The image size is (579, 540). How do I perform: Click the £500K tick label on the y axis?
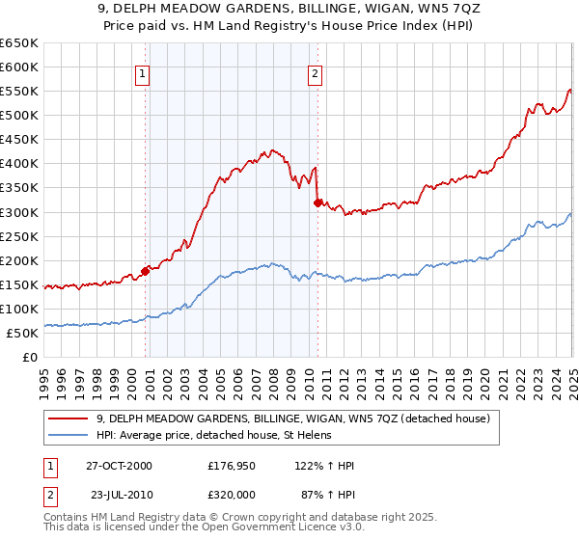coord(18,116)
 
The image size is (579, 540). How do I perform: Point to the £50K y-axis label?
coord(22,333)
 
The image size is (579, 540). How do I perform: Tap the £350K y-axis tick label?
coord(18,188)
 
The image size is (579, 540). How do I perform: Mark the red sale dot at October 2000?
coord(146,271)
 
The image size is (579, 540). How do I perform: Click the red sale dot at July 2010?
coord(317,202)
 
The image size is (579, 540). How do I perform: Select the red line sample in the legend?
coord(69,418)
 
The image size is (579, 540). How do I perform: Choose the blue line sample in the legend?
coord(69,435)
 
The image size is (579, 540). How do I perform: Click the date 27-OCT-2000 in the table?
coord(120,466)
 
